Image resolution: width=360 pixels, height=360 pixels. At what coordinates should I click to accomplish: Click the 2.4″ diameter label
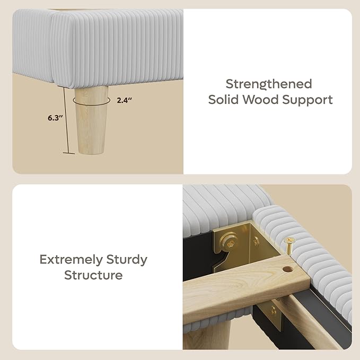(124, 100)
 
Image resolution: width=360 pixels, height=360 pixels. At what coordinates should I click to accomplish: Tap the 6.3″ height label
(55, 118)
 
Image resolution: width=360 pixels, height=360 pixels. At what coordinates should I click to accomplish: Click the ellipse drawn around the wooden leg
(92, 101)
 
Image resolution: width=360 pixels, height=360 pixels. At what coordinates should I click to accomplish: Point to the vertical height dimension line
(66, 120)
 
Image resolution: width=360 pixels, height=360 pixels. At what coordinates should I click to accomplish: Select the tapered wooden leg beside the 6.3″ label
(91, 120)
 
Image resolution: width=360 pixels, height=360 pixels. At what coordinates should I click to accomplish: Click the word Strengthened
(269, 84)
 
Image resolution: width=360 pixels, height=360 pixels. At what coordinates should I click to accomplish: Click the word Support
(308, 100)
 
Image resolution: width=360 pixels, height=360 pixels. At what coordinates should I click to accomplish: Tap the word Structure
(93, 275)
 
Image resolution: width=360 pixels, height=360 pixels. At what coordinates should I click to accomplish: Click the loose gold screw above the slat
(289, 245)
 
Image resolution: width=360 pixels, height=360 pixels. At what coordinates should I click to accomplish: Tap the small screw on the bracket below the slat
(274, 311)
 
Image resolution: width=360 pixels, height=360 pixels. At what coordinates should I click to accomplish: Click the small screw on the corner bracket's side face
(256, 241)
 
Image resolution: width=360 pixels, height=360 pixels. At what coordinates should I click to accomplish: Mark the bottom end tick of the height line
(69, 153)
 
